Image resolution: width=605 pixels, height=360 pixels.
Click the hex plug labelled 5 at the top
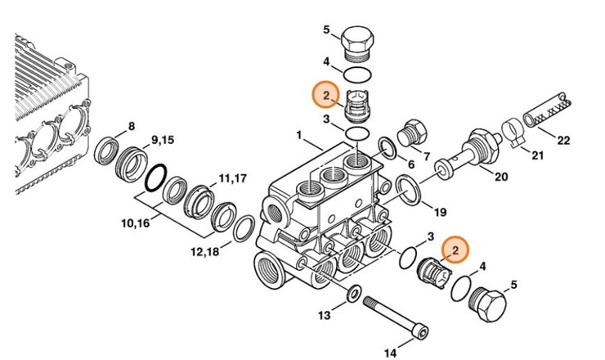(x=360, y=43)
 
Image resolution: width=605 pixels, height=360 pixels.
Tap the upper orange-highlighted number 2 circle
(x=324, y=97)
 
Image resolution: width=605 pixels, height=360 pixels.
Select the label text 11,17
(x=232, y=178)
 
